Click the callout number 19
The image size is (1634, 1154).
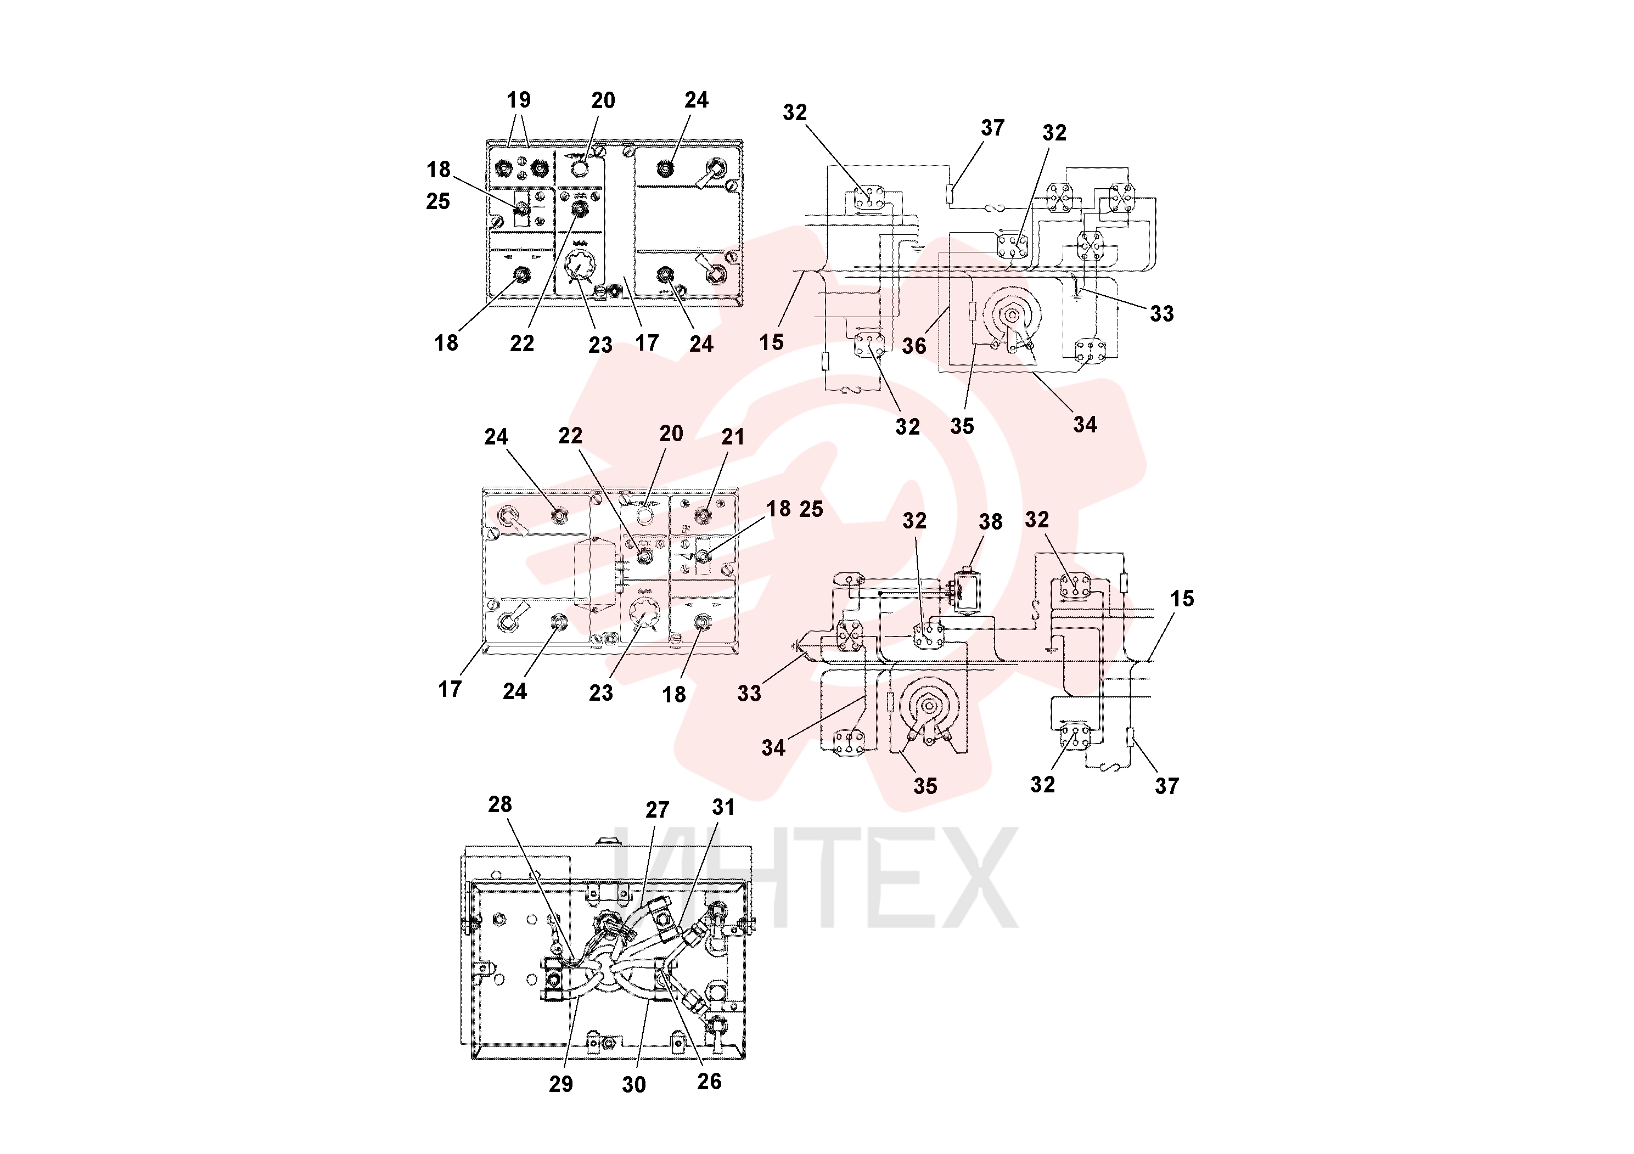coord(519,100)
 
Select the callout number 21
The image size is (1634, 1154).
coord(733,437)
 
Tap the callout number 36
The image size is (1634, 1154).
coord(914,346)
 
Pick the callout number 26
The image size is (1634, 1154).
coord(710,1082)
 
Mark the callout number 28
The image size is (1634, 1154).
coord(499,804)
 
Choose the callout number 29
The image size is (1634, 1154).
coord(561,1084)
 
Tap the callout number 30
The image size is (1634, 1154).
coord(633,1084)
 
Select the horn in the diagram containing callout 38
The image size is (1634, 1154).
coord(929,708)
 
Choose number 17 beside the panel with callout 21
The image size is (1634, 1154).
coord(450,689)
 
